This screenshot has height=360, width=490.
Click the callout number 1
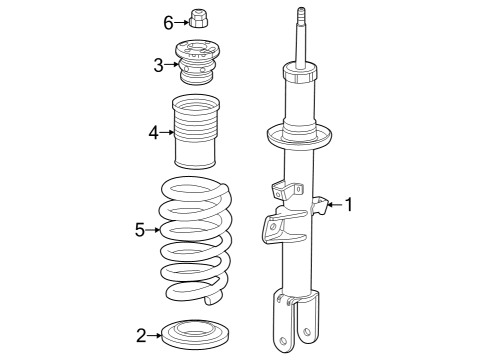(349, 205)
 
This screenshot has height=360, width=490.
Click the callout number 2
(141, 334)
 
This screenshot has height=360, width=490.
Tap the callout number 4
(153, 130)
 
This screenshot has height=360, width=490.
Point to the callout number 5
(140, 230)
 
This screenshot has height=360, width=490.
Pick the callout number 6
(168, 20)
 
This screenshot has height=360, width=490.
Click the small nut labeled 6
(197, 19)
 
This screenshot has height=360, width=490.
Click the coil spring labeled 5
(197, 240)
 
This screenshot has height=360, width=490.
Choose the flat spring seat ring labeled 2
(197, 332)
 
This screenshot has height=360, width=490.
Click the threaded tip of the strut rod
(299, 15)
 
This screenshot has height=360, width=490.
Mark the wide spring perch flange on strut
(300, 135)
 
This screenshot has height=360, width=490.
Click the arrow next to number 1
(334, 205)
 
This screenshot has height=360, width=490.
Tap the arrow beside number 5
(153, 230)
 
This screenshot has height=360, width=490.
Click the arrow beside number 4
(166, 130)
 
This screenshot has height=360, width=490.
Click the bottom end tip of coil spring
(211, 298)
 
